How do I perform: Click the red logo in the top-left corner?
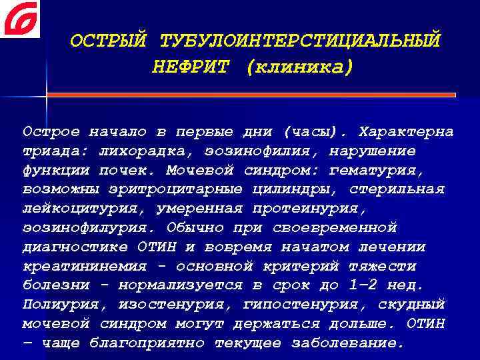pos(20,19)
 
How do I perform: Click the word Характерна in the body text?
pos(406,131)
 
